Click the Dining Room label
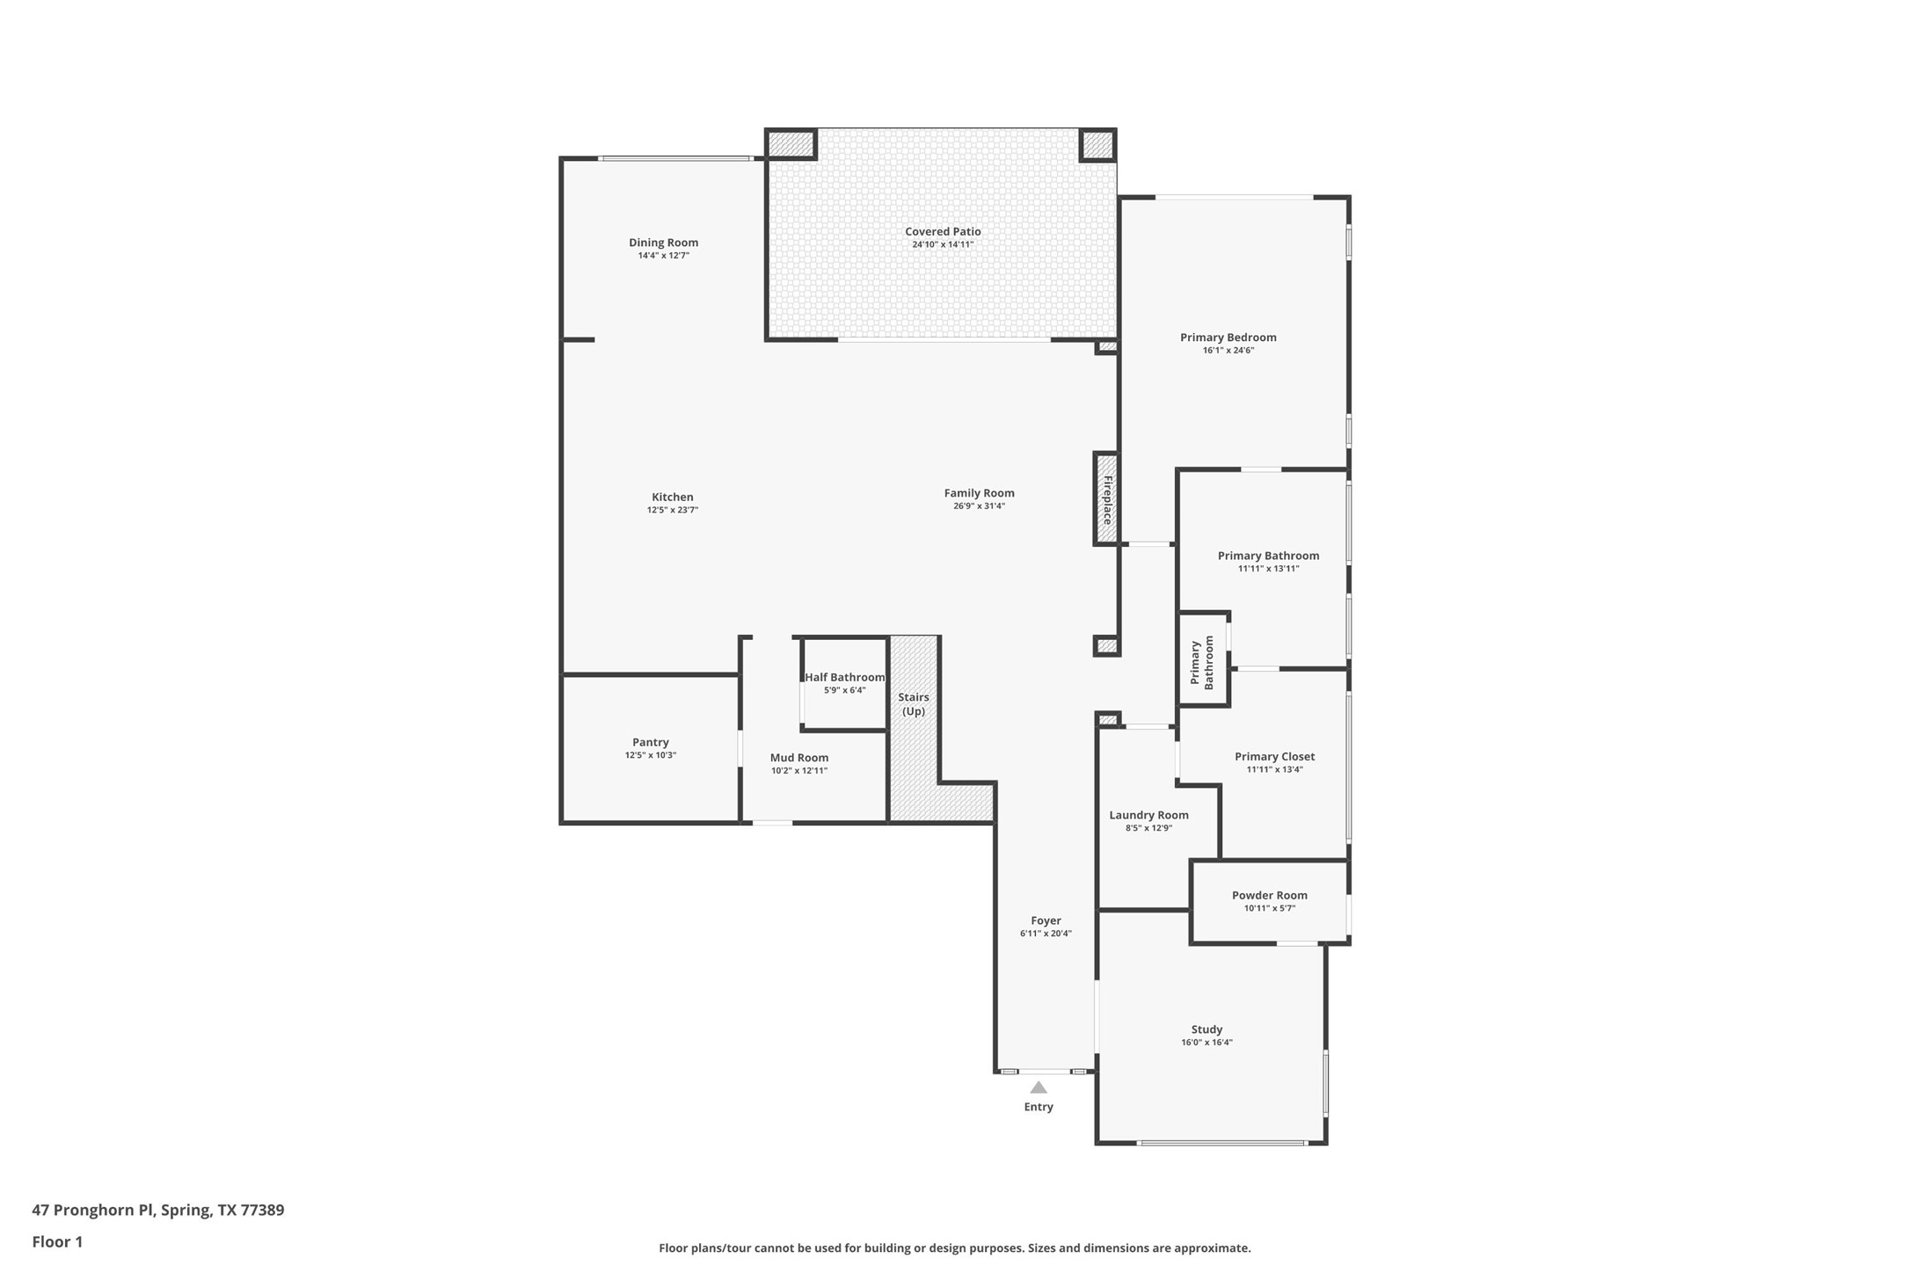click(x=663, y=243)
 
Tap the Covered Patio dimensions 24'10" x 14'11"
click(x=943, y=244)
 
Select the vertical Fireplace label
click(x=1108, y=499)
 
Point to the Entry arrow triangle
click(x=1039, y=1088)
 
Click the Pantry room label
click(x=650, y=742)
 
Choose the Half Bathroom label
click(x=844, y=677)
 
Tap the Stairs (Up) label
click(x=914, y=703)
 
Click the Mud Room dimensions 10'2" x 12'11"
click(x=798, y=771)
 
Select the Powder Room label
click(x=1269, y=895)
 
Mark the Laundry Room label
click(x=1148, y=815)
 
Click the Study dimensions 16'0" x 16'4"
click(x=1207, y=1043)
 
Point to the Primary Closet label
click(x=1274, y=756)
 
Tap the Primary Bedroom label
click(x=1228, y=337)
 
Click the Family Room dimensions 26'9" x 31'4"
click(x=979, y=506)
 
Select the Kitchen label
click(x=672, y=497)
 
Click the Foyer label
click(x=1046, y=920)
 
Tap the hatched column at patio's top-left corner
click(x=791, y=143)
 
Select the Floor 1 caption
click(x=57, y=1242)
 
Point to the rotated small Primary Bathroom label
click(x=1202, y=663)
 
